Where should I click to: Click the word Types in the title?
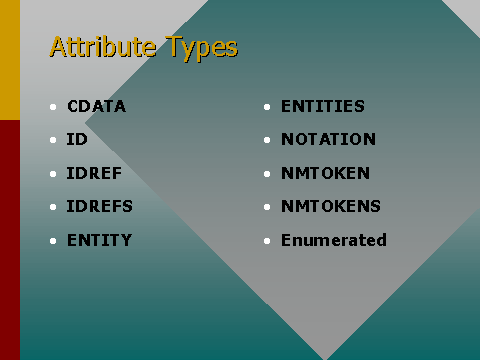[202, 48]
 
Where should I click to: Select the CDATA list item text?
[96, 106]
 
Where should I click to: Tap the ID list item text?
[77, 139]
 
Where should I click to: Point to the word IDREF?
[94, 173]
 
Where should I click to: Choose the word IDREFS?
[99, 206]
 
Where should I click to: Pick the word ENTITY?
[99, 240]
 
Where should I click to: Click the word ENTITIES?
[323, 106]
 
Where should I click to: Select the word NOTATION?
[328, 139]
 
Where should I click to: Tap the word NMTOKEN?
[325, 173]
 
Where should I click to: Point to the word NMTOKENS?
[330, 206]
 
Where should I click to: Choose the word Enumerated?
[333, 240]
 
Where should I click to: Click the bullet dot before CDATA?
[54, 107]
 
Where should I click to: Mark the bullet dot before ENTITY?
[54, 241]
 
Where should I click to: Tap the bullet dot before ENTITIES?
[268, 107]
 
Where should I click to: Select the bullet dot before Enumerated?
[268, 241]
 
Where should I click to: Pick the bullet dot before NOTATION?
[268, 140]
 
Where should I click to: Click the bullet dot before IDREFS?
[54, 207]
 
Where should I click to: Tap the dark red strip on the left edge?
[9, 240]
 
